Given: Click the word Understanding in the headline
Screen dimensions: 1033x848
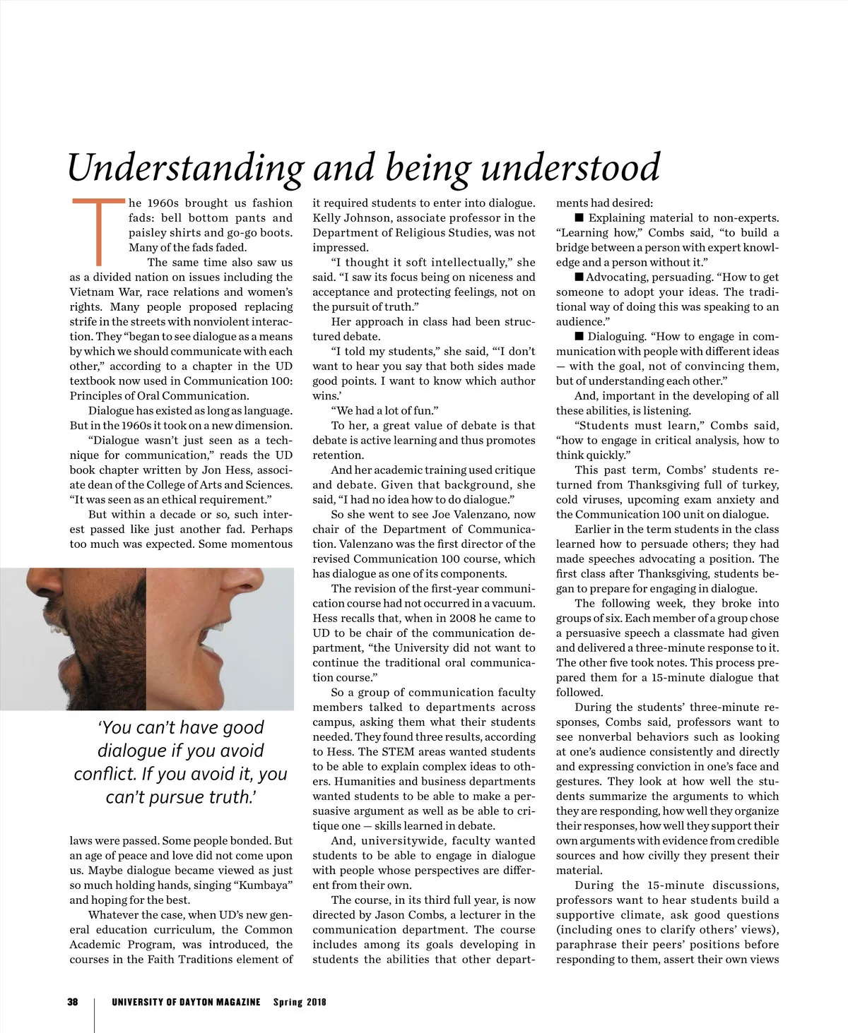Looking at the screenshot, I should coord(185,168).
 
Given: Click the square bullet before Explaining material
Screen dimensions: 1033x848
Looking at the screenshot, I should coord(579,217).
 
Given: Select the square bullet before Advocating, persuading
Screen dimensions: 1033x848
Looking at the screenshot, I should coord(579,277).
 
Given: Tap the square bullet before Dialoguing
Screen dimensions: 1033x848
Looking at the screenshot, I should coord(579,336).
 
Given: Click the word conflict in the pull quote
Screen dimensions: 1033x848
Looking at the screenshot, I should coord(105,774).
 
